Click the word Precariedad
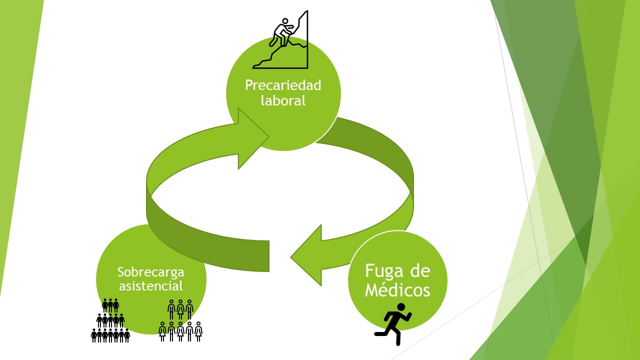[x=283, y=85]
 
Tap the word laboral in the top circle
[x=283, y=100]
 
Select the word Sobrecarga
[x=150, y=272]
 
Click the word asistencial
[x=150, y=286]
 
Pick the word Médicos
[x=397, y=290]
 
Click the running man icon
[x=393, y=324]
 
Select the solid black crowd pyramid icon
[x=110, y=320]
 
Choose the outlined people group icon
[x=180, y=320]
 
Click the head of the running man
[x=400, y=307]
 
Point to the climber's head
[x=285, y=21]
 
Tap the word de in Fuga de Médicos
[x=420, y=271]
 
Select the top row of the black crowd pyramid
[x=110, y=305]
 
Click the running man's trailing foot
[x=377, y=333]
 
